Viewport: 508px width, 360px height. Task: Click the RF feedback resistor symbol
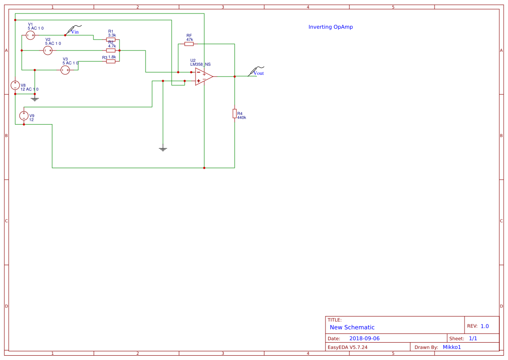pyautogui.click(x=189, y=44)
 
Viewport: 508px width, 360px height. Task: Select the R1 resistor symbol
pyautogui.click(x=111, y=39)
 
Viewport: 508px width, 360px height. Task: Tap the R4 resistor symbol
pyautogui.click(x=235, y=113)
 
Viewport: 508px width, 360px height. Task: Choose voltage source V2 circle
pyautogui.click(x=48, y=50)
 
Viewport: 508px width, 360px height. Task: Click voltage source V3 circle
pyautogui.click(x=65, y=70)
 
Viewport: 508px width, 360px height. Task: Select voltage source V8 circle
pyautogui.click(x=15, y=85)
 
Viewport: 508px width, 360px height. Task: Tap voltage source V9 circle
pyautogui.click(x=24, y=116)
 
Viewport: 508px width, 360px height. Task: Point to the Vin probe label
pyautogui.click(x=75, y=31)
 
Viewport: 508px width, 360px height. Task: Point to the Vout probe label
pyautogui.click(x=258, y=73)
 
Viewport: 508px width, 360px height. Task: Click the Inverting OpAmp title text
pyautogui.click(x=330, y=27)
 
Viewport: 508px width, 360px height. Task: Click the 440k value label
pyautogui.click(x=242, y=118)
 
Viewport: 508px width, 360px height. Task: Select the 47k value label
pyautogui.click(x=189, y=40)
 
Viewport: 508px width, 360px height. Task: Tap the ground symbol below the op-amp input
pyautogui.click(x=163, y=149)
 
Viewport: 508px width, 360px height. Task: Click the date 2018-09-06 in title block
pyautogui.click(x=364, y=338)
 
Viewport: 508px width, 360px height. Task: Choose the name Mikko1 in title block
pyautogui.click(x=452, y=347)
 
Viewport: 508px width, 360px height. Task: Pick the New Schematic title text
pyautogui.click(x=352, y=327)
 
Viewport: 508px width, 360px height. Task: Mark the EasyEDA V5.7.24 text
pyautogui.click(x=347, y=347)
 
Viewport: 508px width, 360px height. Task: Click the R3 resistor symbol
pyautogui.click(x=111, y=61)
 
